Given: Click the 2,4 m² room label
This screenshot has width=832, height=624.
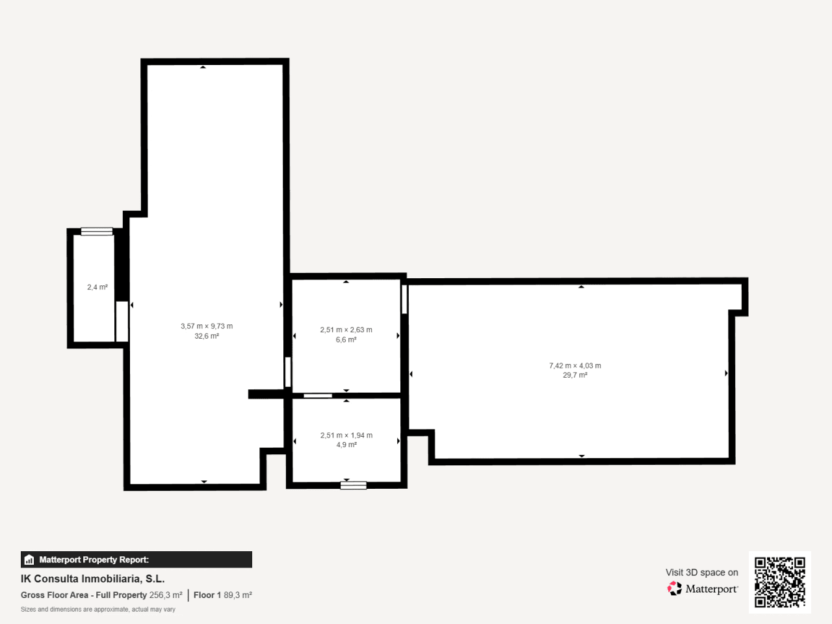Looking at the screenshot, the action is (97, 287).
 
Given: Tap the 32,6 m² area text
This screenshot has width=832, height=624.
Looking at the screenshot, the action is (207, 336).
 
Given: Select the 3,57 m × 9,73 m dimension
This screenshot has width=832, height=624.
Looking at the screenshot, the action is (207, 326).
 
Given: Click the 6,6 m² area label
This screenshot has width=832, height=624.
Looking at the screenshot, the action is (346, 339).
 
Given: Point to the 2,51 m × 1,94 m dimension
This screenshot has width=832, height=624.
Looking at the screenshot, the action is (346, 435).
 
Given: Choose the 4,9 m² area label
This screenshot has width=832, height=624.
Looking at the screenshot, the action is (346, 445).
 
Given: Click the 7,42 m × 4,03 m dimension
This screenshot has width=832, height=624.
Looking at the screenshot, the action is (575, 365).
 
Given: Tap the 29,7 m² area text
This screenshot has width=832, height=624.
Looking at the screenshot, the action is (575, 375).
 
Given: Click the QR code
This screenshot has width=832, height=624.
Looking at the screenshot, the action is (780, 582).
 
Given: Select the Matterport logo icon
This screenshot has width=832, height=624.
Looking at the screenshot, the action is (674, 588).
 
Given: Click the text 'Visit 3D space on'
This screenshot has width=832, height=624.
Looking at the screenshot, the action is (702, 573).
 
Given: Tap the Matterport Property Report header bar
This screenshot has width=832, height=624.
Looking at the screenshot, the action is (136, 560).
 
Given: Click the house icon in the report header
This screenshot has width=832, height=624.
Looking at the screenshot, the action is (29, 560).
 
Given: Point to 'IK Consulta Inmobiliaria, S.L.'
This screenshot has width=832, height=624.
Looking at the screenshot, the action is (93, 579).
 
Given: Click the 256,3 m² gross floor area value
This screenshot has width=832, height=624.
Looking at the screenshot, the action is (166, 595).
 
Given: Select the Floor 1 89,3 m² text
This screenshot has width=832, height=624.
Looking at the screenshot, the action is (223, 595).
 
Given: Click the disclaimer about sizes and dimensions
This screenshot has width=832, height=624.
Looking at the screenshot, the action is (98, 609).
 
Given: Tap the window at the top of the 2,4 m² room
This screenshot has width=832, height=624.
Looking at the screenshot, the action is (97, 231).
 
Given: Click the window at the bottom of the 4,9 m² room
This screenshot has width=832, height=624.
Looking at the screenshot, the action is (353, 486).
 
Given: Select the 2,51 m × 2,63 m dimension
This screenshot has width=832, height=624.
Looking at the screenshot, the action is (346, 330).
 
